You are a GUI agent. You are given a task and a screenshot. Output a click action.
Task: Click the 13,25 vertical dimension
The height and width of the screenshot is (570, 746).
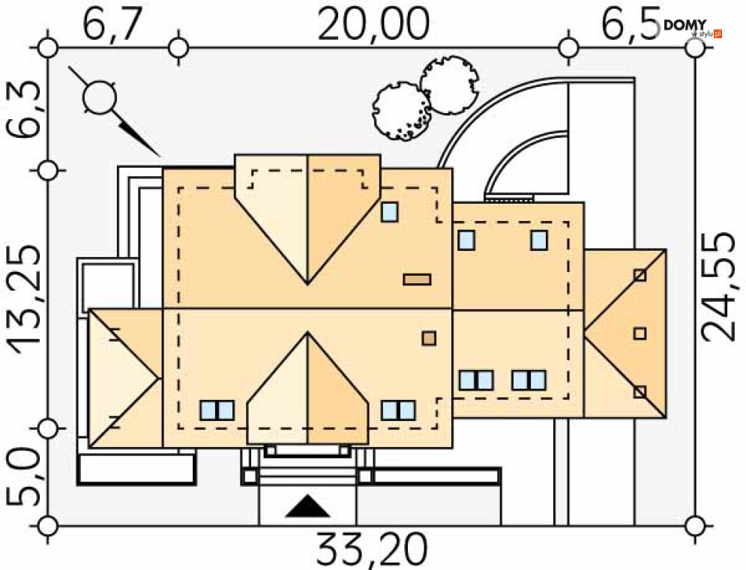coord(25,300)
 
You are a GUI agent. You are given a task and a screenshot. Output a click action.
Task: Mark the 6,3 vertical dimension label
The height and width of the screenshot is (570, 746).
coord(22,110)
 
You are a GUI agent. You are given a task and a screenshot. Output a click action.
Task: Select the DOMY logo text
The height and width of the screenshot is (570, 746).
coord(685,25)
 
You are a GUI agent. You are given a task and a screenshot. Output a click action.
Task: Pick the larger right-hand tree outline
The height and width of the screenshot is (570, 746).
coord(449,85)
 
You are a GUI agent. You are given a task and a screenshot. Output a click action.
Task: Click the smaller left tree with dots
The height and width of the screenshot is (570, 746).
coord(403,112)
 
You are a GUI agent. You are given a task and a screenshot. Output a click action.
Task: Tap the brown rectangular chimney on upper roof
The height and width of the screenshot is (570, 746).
coord(417,279)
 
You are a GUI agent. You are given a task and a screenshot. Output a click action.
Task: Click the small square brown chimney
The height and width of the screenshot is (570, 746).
coord(429,338)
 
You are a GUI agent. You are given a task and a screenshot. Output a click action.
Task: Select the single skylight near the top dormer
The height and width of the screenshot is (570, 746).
coord(389,212)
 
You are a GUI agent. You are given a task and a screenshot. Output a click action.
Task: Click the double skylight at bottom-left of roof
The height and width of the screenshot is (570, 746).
coord(217,410)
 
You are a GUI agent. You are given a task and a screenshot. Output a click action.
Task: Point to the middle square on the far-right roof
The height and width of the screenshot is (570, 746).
coord(640,333)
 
